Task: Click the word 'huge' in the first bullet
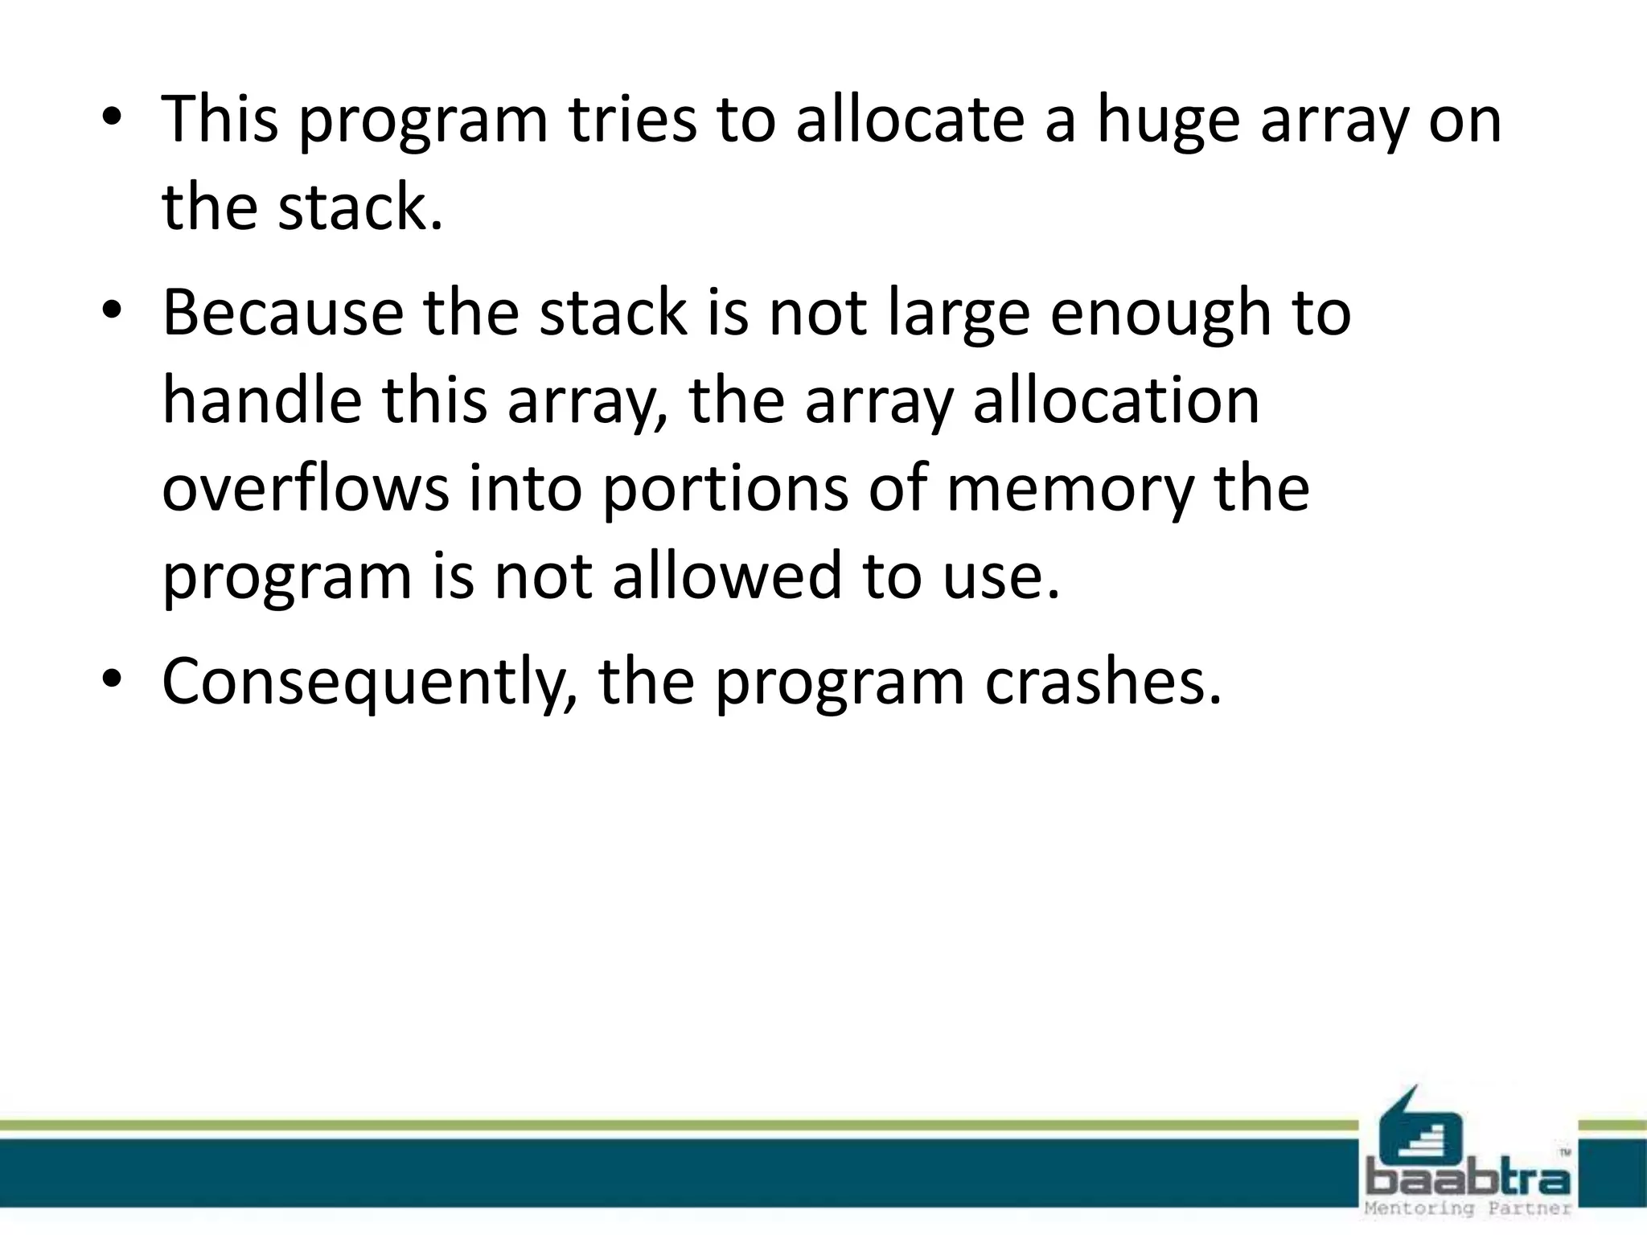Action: point(1168,121)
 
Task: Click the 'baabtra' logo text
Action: point(1468,1180)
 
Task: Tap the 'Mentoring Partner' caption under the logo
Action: point(1468,1209)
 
